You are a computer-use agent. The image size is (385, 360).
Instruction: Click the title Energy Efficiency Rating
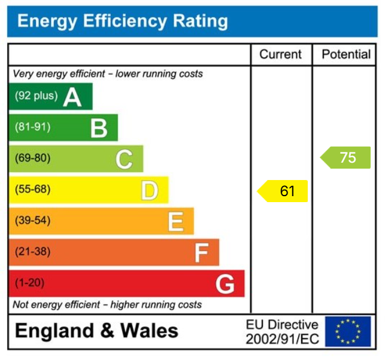point(123,22)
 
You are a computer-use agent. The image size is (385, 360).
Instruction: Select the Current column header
point(280,54)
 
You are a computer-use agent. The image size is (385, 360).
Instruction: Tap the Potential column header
point(346,54)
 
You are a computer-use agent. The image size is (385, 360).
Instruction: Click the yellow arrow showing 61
point(283,191)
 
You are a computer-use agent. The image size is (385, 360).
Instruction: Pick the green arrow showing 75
point(346,158)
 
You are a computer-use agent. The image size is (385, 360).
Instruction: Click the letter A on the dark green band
point(72,97)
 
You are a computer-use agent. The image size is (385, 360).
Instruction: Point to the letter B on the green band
point(99,128)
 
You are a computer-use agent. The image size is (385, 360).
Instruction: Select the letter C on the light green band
point(124,159)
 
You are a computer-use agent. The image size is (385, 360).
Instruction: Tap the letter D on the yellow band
point(149,191)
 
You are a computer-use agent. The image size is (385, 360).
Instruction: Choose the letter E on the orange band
point(175,222)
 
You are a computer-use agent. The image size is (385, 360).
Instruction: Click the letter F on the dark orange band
point(201,253)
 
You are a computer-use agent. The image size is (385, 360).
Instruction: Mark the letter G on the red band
point(225,284)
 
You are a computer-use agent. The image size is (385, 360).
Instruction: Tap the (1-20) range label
point(30,283)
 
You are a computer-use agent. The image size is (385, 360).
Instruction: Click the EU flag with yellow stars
point(347,331)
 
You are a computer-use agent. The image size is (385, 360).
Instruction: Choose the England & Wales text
point(96,331)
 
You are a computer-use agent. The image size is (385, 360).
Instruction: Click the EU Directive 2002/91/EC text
point(282,332)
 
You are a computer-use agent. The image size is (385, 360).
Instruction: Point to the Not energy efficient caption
point(107,304)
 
